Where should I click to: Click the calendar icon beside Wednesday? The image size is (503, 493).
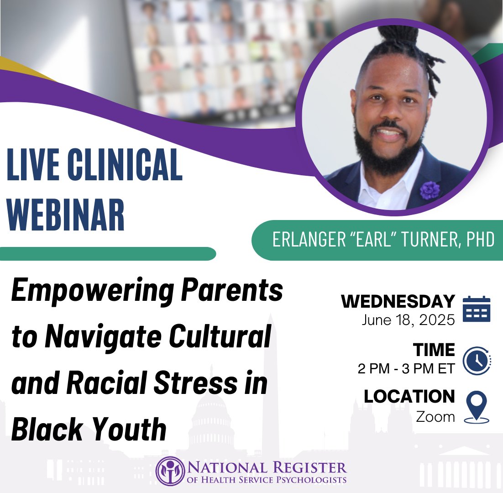pos(476,309)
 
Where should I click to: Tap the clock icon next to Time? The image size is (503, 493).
pos(476,358)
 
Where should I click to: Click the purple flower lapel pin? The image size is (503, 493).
pos(430,190)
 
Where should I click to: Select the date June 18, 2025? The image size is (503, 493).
pos(408,320)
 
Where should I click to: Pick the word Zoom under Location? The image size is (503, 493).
pos(435,417)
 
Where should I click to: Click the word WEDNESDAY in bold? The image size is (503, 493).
pos(398,302)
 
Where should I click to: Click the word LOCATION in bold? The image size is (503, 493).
pos(409,397)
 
